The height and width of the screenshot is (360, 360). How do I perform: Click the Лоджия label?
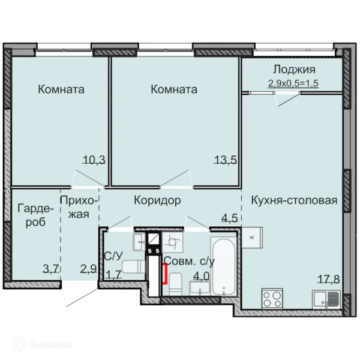pyautogui.click(x=294, y=70)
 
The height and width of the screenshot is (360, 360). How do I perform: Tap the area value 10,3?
pyautogui.click(x=94, y=160)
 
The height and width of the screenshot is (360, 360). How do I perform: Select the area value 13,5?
pyautogui.click(x=225, y=160)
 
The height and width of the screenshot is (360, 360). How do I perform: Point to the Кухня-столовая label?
pyautogui.click(x=294, y=200)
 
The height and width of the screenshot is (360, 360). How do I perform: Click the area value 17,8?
pyautogui.click(x=329, y=279)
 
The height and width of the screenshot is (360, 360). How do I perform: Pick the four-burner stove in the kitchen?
pyautogui.click(x=272, y=298)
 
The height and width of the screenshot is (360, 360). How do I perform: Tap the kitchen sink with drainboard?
pyautogui.click(x=326, y=299)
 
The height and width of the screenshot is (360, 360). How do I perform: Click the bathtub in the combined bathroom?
pyautogui.click(x=224, y=266)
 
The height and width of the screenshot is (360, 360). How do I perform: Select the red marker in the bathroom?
pyautogui.click(x=165, y=274)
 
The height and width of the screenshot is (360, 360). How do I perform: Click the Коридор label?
pyautogui.click(x=157, y=200)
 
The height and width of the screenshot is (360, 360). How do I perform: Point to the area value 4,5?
pyautogui.click(x=229, y=218)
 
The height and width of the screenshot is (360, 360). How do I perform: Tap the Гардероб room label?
pyautogui.click(x=35, y=215)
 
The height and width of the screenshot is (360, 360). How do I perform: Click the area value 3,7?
pyautogui.click(x=52, y=268)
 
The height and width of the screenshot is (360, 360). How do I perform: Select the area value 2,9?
pyautogui.click(x=88, y=268)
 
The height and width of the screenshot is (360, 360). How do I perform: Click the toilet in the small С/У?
pyautogui.click(x=133, y=267)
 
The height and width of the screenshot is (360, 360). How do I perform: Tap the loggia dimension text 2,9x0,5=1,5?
pyautogui.click(x=293, y=83)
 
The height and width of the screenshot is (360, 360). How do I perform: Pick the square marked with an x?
pyautogui.click(x=252, y=238)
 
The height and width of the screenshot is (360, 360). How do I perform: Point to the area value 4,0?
pyautogui.click(x=202, y=276)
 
